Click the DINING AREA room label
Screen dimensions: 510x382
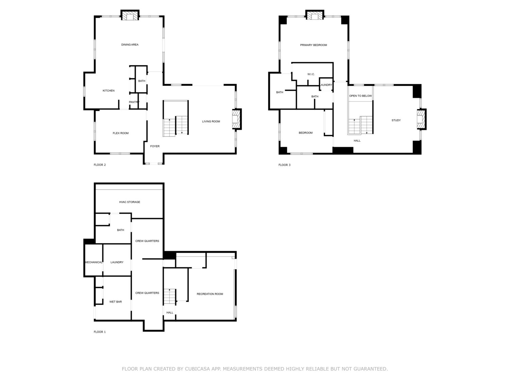pyautogui.click(x=130, y=44)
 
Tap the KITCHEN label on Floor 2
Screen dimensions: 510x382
pyautogui.click(x=108, y=90)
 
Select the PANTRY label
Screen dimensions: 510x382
pyautogui.click(x=134, y=102)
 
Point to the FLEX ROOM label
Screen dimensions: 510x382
pyautogui.click(x=121, y=133)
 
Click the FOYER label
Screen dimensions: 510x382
pyautogui.click(x=155, y=146)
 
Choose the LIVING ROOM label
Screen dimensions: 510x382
pyautogui.click(x=211, y=121)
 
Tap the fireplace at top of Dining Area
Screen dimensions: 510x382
pyautogui.click(x=130, y=15)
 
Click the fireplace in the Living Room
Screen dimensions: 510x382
pyautogui.click(x=237, y=119)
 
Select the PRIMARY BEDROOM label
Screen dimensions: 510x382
pyautogui.click(x=313, y=45)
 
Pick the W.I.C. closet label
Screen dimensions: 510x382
pyautogui.click(x=311, y=74)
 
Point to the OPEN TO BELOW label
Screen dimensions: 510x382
pyautogui.click(x=360, y=96)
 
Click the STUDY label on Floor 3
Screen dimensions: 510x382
pyautogui.click(x=396, y=120)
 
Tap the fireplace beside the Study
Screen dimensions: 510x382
pyautogui.click(x=422, y=119)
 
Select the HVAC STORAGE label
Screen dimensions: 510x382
pyautogui.click(x=130, y=202)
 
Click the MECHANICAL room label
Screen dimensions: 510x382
pyautogui.click(x=93, y=262)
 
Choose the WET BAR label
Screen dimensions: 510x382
pyautogui.click(x=116, y=302)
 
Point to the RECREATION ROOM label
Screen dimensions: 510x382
pyautogui.click(x=209, y=294)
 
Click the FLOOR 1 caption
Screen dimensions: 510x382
pyautogui.click(x=99, y=332)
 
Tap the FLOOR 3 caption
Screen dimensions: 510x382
pyautogui.click(x=284, y=165)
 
